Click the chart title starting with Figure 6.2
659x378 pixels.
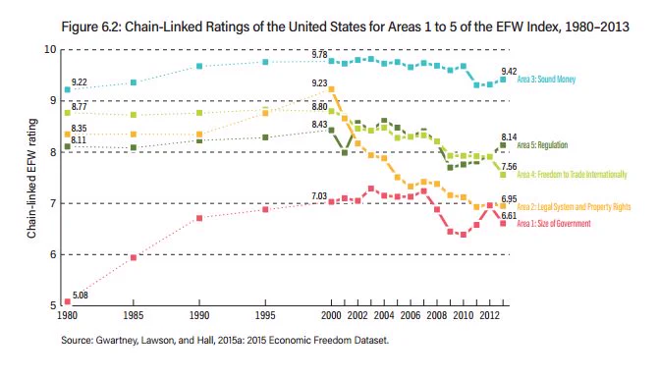[x=345, y=27]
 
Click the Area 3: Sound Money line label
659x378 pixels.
[x=546, y=79]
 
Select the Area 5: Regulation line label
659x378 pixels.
[x=542, y=145]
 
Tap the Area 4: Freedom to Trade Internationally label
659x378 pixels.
[x=572, y=175]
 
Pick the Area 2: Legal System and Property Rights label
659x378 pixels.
[x=574, y=206]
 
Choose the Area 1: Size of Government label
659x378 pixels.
[x=554, y=224]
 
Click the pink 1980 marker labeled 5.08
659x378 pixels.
[x=67, y=301]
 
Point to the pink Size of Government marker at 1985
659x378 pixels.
[x=134, y=257]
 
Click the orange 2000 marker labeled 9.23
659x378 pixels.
[x=331, y=89]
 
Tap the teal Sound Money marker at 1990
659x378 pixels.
[x=199, y=66]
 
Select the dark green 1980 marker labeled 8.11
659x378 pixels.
[x=67, y=146]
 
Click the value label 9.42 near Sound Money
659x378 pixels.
[x=509, y=72]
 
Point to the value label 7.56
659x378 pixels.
[x=509, y=167]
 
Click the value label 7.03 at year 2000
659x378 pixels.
[x=319, y=196]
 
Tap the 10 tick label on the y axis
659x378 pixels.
[x=50, y=49]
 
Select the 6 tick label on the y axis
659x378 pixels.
[x=53, y=254]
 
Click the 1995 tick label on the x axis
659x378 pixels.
[x=265, y=315]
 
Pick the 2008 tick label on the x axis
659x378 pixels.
[x=437, y=315]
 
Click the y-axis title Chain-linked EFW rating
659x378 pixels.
[x=32, y=179]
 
